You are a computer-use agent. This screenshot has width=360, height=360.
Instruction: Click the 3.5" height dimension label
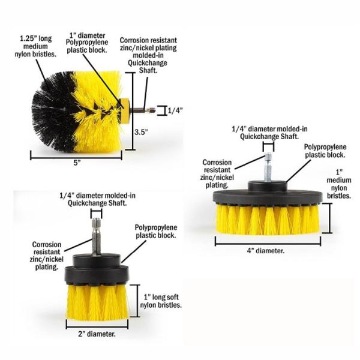(x=141, y=132)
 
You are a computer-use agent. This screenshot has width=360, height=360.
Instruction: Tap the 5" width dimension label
(x=77, y=163)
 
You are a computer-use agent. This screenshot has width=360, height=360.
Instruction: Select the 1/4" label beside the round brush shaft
(x=175, y=110)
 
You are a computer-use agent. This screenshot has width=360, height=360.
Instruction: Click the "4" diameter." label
(x=266, y=251)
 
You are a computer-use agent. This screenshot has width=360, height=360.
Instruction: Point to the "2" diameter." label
(x=97, y=334)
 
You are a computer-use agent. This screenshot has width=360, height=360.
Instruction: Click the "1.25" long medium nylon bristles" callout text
(x=35, y=46)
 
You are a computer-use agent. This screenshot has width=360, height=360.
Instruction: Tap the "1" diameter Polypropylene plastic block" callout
(x=87, y=43)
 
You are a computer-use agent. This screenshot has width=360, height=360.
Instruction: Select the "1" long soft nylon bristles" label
(x=161, y=301)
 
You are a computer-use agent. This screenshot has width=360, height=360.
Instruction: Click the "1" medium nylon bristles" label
(x=339, y=184)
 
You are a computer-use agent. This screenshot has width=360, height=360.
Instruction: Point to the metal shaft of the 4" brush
(x=268, y=167)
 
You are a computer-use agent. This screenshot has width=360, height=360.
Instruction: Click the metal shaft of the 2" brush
(x=97, y=236)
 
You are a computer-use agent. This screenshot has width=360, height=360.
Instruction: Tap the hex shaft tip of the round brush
(x=152, y=110)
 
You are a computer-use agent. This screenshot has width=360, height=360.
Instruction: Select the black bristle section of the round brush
(x=54, y=112)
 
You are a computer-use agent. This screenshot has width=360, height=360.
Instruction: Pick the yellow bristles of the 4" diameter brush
(x=268, y=220)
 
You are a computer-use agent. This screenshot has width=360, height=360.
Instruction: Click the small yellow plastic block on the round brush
(x=125, y=111)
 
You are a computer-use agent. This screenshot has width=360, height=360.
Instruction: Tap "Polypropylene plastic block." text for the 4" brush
(x=325, y=151)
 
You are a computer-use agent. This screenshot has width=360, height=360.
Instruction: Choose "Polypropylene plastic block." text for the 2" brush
(x=156, y=232)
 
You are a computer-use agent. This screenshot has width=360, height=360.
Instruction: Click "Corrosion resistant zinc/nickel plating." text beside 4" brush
(x=217, y=173)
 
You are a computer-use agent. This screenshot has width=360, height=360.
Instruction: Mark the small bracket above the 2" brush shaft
(x=97, y=213)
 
